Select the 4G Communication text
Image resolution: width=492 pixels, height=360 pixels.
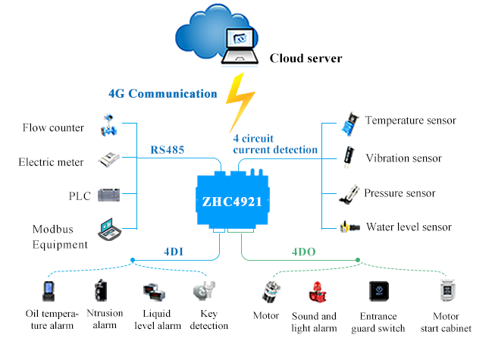pyautogui.click(x=162, y=94)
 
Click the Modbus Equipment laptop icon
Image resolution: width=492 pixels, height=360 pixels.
pyautogui.click(x=111, y=228)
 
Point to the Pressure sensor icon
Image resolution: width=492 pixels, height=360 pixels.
pyautogui.click(x=349, y=193)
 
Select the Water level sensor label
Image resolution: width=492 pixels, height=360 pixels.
pyautogui.click(x=409, y=227)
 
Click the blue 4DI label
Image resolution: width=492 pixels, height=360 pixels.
pyautogui.click(x=174, y=251)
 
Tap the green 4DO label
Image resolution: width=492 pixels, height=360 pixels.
pyautogui.click(x=306, y=251)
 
